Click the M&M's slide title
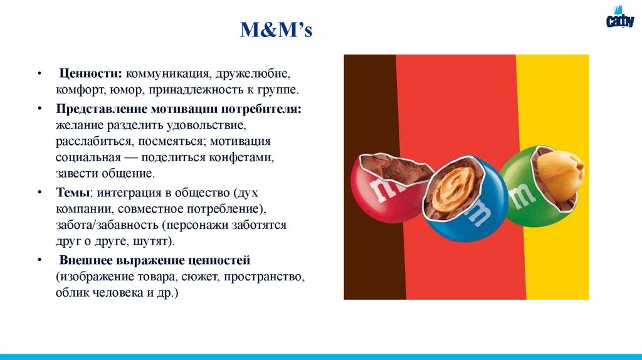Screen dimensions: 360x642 click(276, 30)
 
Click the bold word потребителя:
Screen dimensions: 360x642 click(265, 109)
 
